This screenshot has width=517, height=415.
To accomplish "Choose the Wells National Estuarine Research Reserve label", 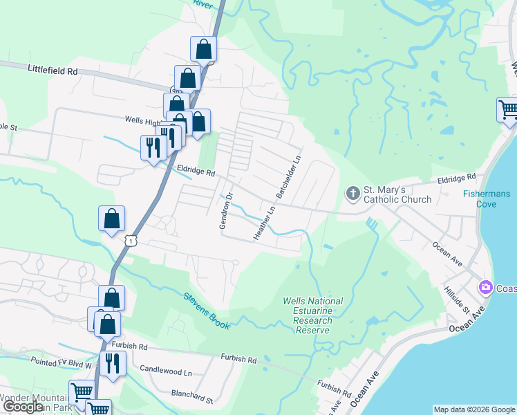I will click(313, 315).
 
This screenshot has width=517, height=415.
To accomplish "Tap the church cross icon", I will click(353, 193).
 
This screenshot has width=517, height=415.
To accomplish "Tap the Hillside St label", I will click(457, 298).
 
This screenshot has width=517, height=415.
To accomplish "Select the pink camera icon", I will click(486, 286).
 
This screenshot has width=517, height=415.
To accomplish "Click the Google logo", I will click(23, 407).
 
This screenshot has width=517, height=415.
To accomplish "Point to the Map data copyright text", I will click(473, 409).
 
